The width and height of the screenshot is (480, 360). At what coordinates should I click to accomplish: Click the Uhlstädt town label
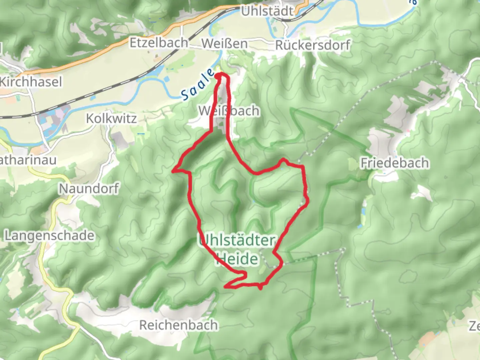(267, 11)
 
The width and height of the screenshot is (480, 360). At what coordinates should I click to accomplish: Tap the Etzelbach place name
(159, 43)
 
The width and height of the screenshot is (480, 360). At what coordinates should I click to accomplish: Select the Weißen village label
(225, 44)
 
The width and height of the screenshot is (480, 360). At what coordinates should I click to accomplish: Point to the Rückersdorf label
(313, 45)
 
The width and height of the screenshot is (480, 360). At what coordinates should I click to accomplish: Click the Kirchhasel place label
(31, 82)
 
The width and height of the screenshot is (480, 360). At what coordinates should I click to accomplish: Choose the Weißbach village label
(229, 111)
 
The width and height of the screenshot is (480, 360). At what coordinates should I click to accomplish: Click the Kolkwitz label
(111, 119)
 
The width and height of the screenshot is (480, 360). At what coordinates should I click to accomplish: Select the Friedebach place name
(395, 163)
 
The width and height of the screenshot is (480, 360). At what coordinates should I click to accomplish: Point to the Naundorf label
(89, 189)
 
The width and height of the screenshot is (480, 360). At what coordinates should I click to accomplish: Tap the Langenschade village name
(49, 236)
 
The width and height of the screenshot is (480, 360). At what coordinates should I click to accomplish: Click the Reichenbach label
(179, 325)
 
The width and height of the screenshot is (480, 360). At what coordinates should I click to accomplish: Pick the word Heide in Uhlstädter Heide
(237, 259)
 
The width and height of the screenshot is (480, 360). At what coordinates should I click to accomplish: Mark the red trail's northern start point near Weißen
(220, 76)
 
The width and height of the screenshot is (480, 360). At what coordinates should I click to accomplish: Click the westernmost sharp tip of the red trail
(173, 171)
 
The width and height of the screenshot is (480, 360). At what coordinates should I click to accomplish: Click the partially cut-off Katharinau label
(28, 160)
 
